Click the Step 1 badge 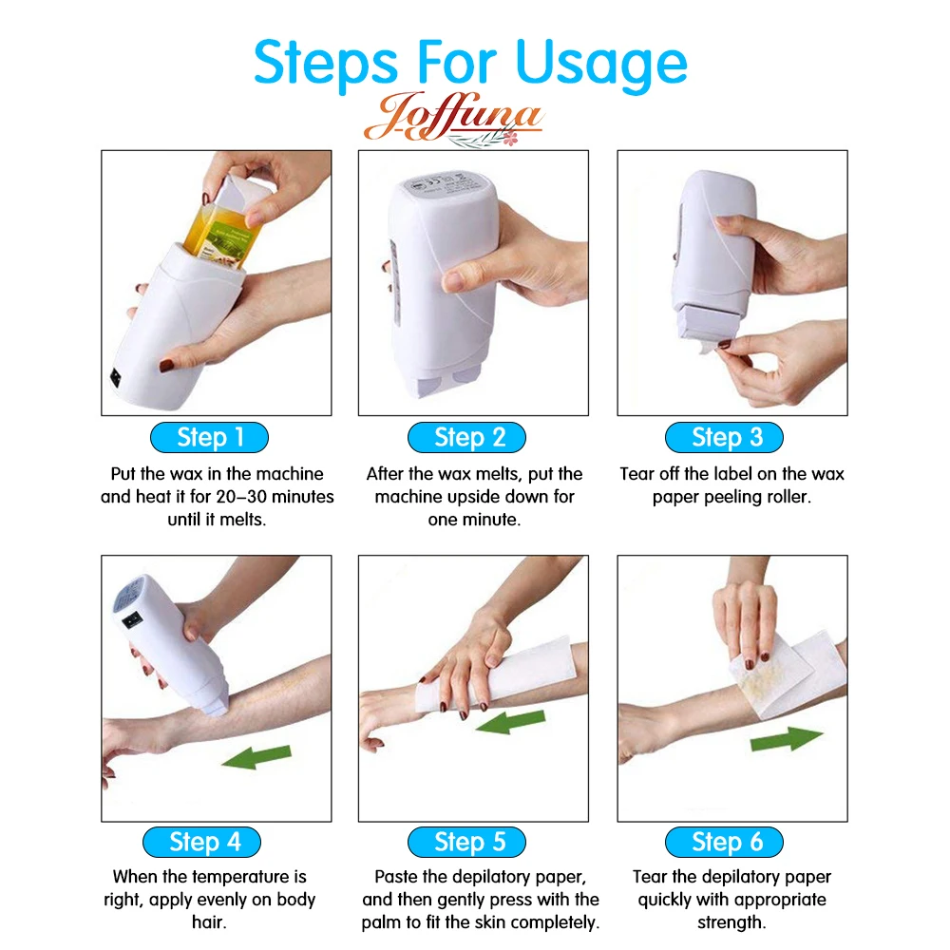209,437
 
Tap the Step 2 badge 466,437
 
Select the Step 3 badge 724,437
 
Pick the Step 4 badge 201,842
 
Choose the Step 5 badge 466,842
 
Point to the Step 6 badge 724,842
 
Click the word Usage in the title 601,65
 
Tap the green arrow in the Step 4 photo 256,757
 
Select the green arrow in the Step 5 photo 510,722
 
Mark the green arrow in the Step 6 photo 787,738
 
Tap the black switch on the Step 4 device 133,619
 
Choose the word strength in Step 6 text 731,922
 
